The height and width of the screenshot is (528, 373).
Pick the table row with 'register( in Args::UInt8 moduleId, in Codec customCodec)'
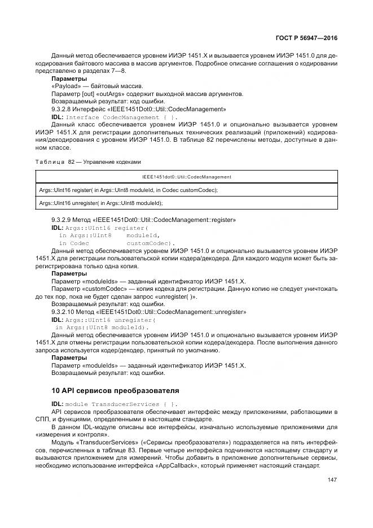tap(129, 190)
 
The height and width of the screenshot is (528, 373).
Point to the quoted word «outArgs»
tap(113, 94)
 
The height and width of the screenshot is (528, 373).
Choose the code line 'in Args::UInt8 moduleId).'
tap(102, 327)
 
